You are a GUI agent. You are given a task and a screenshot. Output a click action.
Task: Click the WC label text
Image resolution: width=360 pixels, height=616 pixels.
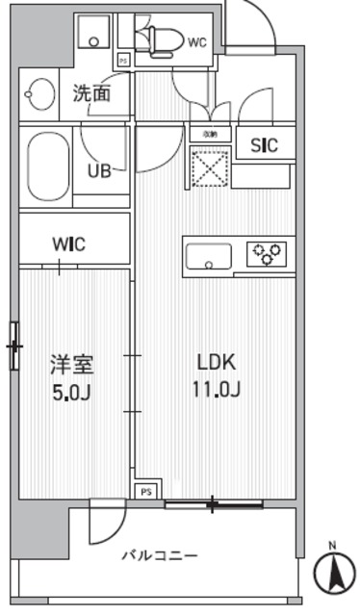pos(197,42)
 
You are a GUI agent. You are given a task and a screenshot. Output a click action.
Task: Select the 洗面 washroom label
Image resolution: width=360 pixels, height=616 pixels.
pos(92,94)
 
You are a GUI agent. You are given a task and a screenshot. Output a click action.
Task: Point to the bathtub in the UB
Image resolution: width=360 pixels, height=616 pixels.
pos(47,160)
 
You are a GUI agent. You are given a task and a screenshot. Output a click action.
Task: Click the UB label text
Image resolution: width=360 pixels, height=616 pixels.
pos(99,171)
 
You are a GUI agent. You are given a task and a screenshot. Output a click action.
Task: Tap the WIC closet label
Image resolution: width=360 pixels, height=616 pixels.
pos(68,244)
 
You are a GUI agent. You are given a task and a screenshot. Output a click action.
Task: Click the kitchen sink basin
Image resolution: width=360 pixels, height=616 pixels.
pos(208,257)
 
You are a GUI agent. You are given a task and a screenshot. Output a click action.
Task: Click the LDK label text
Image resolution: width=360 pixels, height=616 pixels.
pos(216,364)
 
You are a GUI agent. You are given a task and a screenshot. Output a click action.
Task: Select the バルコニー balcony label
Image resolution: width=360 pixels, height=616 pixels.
pos(160,556)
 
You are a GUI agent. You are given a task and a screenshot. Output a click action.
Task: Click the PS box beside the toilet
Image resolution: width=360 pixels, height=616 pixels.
pos(123,60)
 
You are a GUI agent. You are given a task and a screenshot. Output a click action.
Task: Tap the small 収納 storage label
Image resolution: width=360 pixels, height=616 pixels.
pos(209,134)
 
